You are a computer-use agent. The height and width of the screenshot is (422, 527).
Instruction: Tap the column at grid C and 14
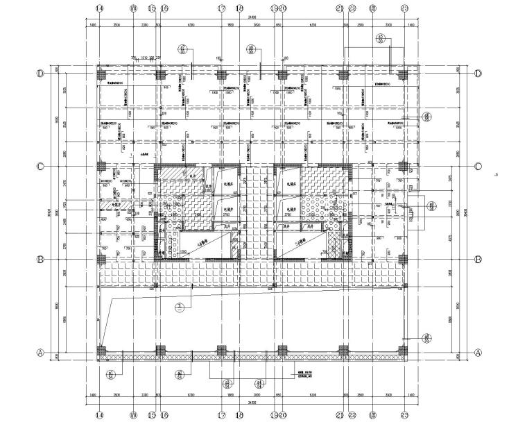click(x=101, y=167)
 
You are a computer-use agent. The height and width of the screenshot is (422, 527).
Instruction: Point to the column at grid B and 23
click(x=403, y=260)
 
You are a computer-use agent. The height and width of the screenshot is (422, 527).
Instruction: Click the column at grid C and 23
click(x=403, y=167)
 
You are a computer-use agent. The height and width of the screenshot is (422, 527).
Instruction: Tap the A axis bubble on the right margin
click(x=477, y=352)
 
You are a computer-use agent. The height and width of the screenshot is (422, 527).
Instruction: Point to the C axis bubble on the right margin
click(x=477, y=167)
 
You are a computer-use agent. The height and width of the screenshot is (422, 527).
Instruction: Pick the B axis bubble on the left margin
click(x=41, y=260)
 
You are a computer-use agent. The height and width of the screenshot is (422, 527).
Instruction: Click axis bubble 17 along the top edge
click(x=221, y=8)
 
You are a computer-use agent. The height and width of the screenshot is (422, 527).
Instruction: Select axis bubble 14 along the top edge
click(x=101, y=8)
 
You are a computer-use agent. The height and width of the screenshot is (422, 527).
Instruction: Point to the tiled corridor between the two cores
click(x=252, y=208)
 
